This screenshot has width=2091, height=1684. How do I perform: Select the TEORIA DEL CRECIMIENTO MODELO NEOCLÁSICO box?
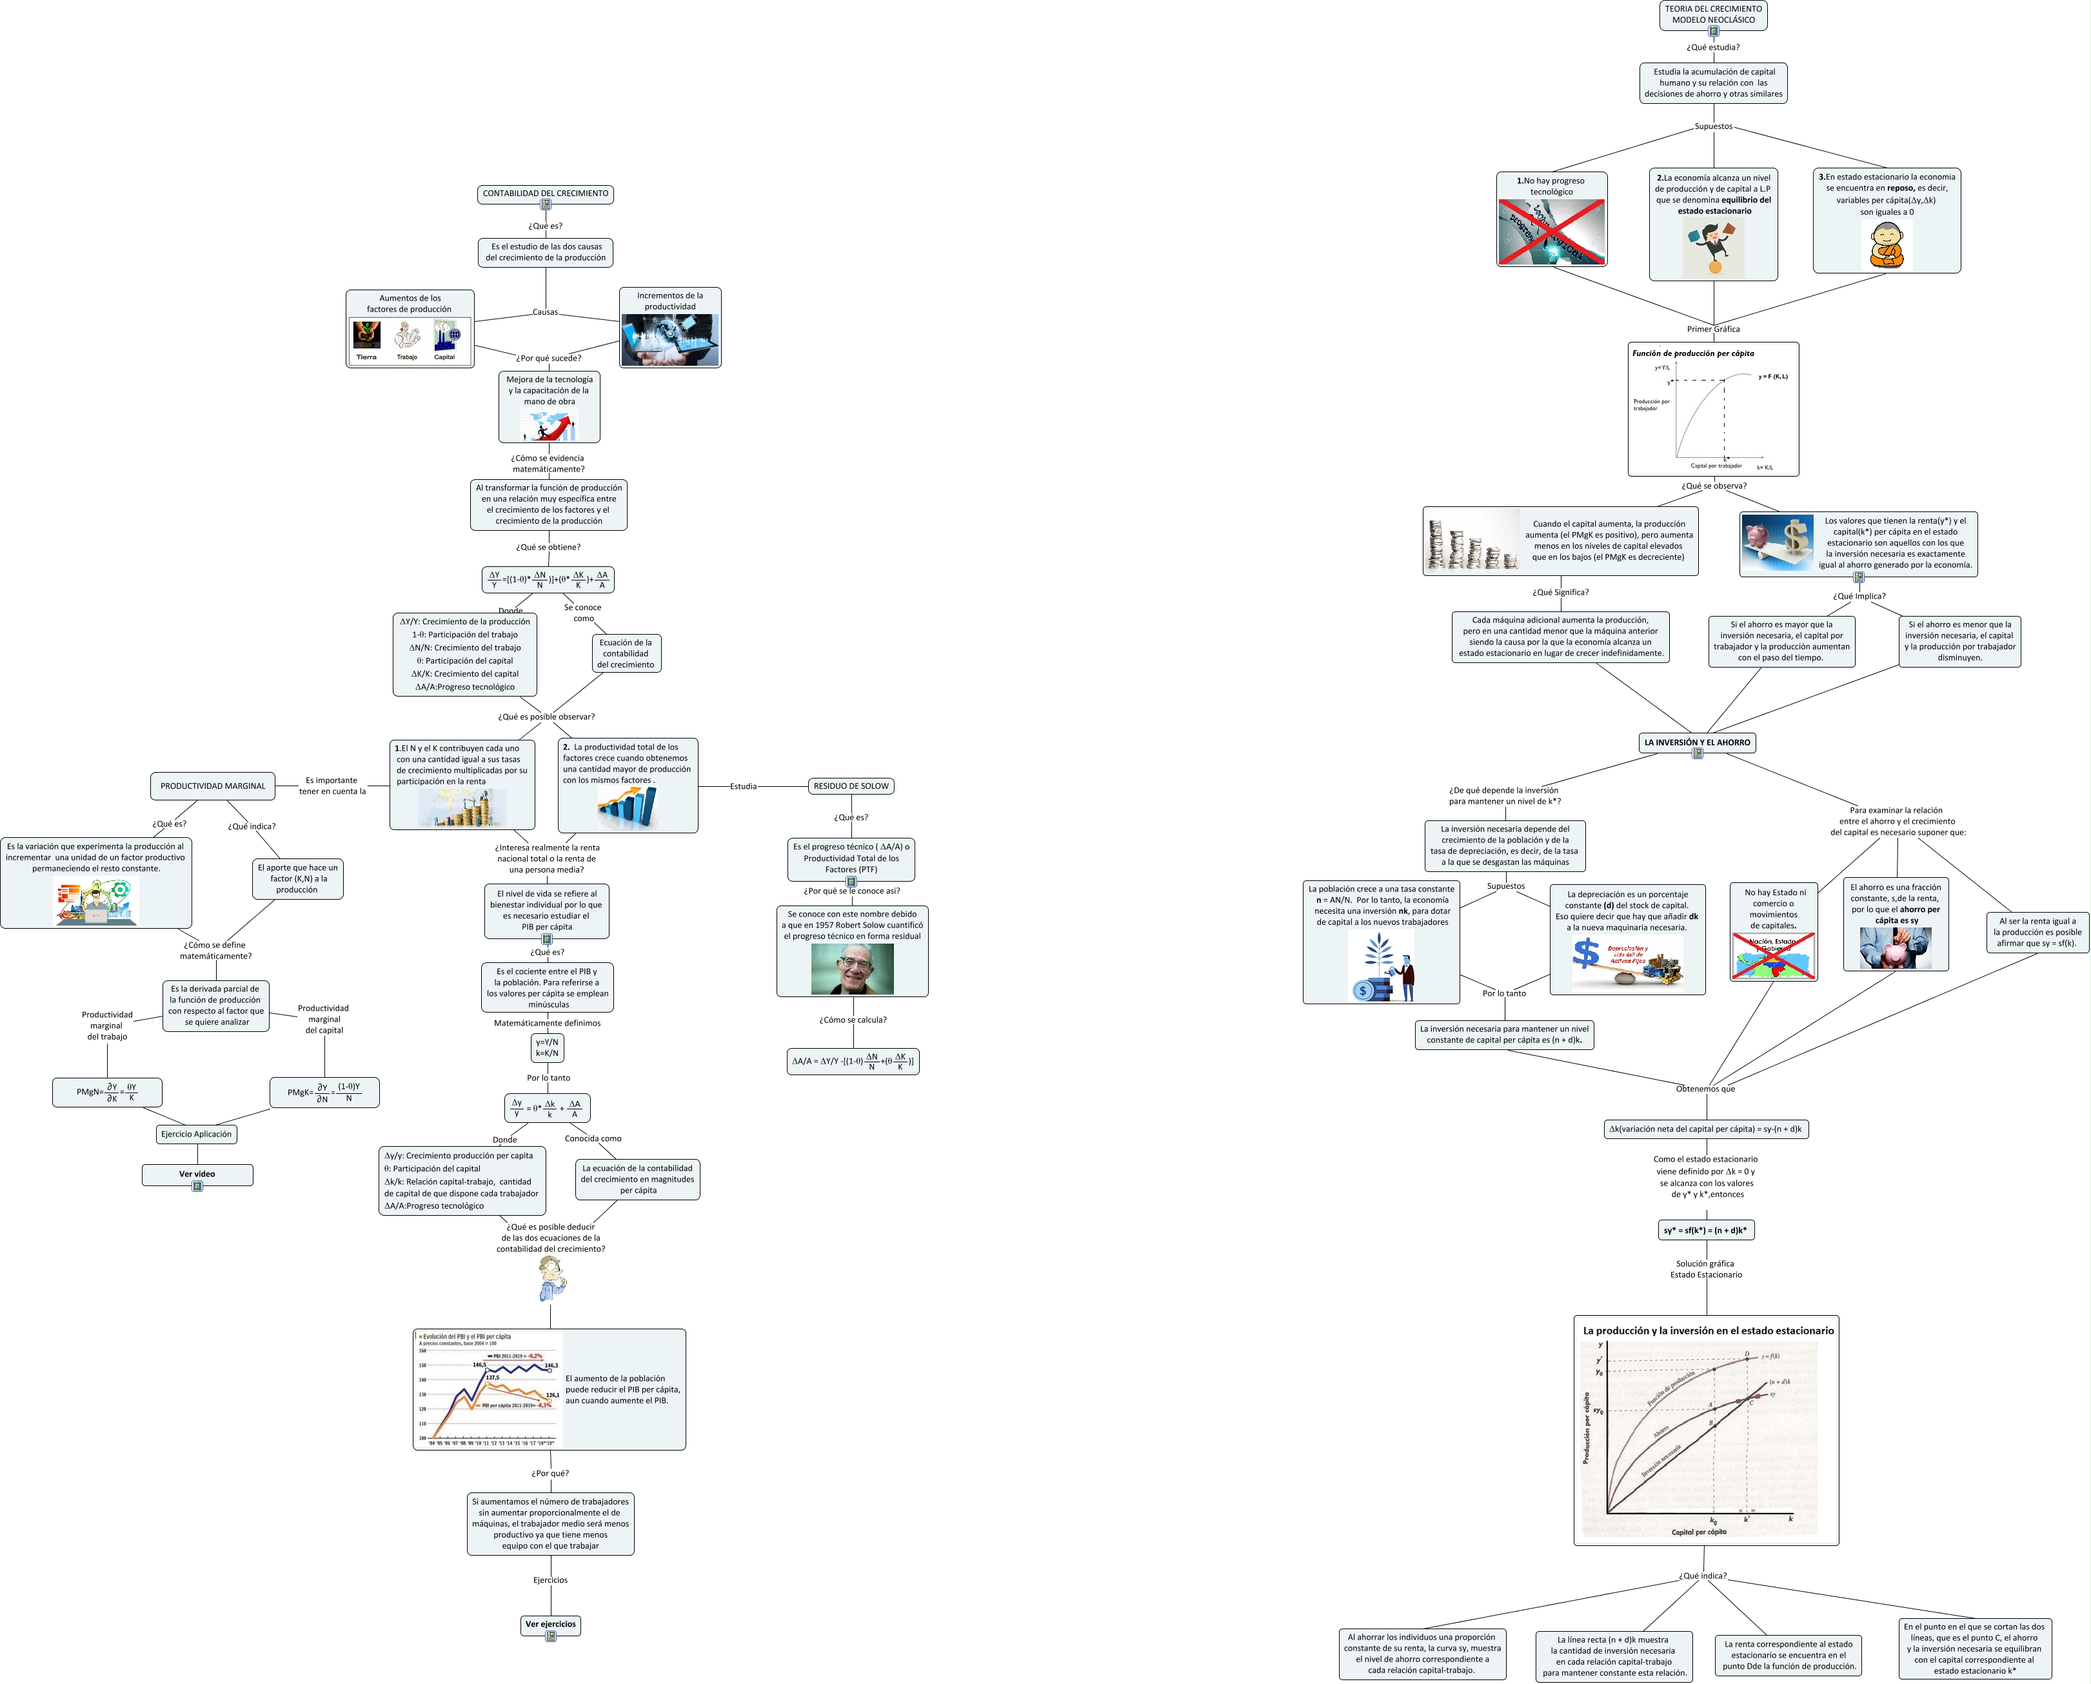tap(1713, 15)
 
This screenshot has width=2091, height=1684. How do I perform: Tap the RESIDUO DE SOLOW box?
tap(851, 786)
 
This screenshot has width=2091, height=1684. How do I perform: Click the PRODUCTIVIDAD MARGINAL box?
tap(212, 786)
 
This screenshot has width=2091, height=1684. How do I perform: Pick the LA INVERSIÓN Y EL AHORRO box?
tap(1697, 742)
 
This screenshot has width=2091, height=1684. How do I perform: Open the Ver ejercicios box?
tap(550, 1624)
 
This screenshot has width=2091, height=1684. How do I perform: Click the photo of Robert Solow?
tap(853, 968)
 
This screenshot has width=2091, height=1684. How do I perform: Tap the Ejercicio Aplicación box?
tap(196, 1134)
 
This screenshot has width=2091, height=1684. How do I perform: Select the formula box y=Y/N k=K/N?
tap(547, 1047)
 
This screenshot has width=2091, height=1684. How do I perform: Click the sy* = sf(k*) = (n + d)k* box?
tap(1705, 1230)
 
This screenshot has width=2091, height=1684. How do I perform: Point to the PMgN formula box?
tap(106, 1093)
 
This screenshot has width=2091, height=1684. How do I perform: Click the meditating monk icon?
tap(1887, 244)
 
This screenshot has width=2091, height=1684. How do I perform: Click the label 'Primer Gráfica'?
tap(1713, 329)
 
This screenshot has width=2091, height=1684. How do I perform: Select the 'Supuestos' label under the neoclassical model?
tap(1713, 126)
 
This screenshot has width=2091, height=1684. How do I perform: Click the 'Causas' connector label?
tap(545, 312)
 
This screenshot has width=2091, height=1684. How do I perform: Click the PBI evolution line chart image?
tap(488, 1389)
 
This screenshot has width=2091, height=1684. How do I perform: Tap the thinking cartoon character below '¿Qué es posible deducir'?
tap(551, 1278)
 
